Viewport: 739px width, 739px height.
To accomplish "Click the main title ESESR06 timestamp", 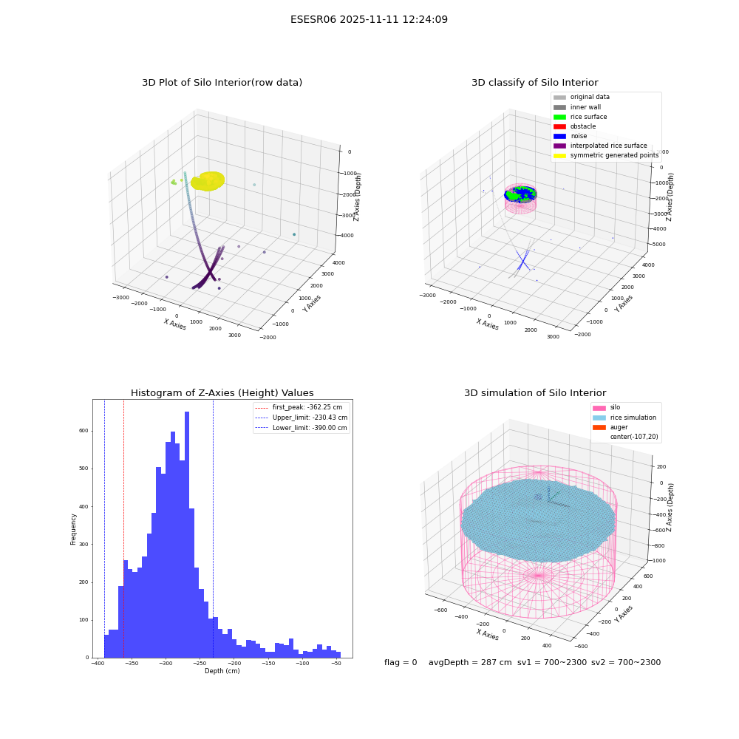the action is (x=369, y=19).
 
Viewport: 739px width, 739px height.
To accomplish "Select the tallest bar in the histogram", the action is (x=187, y=534).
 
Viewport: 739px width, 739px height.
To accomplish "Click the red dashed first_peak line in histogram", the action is (x=123, y=528).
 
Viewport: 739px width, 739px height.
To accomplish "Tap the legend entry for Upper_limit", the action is (x=302, y=418).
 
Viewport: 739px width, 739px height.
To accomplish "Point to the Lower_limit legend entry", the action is (x=302, y=428).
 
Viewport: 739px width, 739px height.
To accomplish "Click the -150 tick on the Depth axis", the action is (x=268, y=663).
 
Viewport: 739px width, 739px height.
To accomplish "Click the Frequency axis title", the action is (x=73, y=529).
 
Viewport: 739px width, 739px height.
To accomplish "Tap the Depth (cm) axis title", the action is (x=222, y=671).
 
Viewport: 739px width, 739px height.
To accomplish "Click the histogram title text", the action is (x=222, y=392).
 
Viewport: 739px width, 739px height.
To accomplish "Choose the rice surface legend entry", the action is (x=580, y=117).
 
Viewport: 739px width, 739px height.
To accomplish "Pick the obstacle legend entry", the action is (x=574, y=126).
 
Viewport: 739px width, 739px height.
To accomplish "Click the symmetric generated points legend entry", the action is (x=606, y=155).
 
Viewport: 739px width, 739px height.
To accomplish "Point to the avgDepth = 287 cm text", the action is (x=470, y=662).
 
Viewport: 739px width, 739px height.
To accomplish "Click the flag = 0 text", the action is (x=401, y=662).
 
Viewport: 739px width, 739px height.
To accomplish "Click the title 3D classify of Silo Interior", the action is (x=535, y=83).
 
